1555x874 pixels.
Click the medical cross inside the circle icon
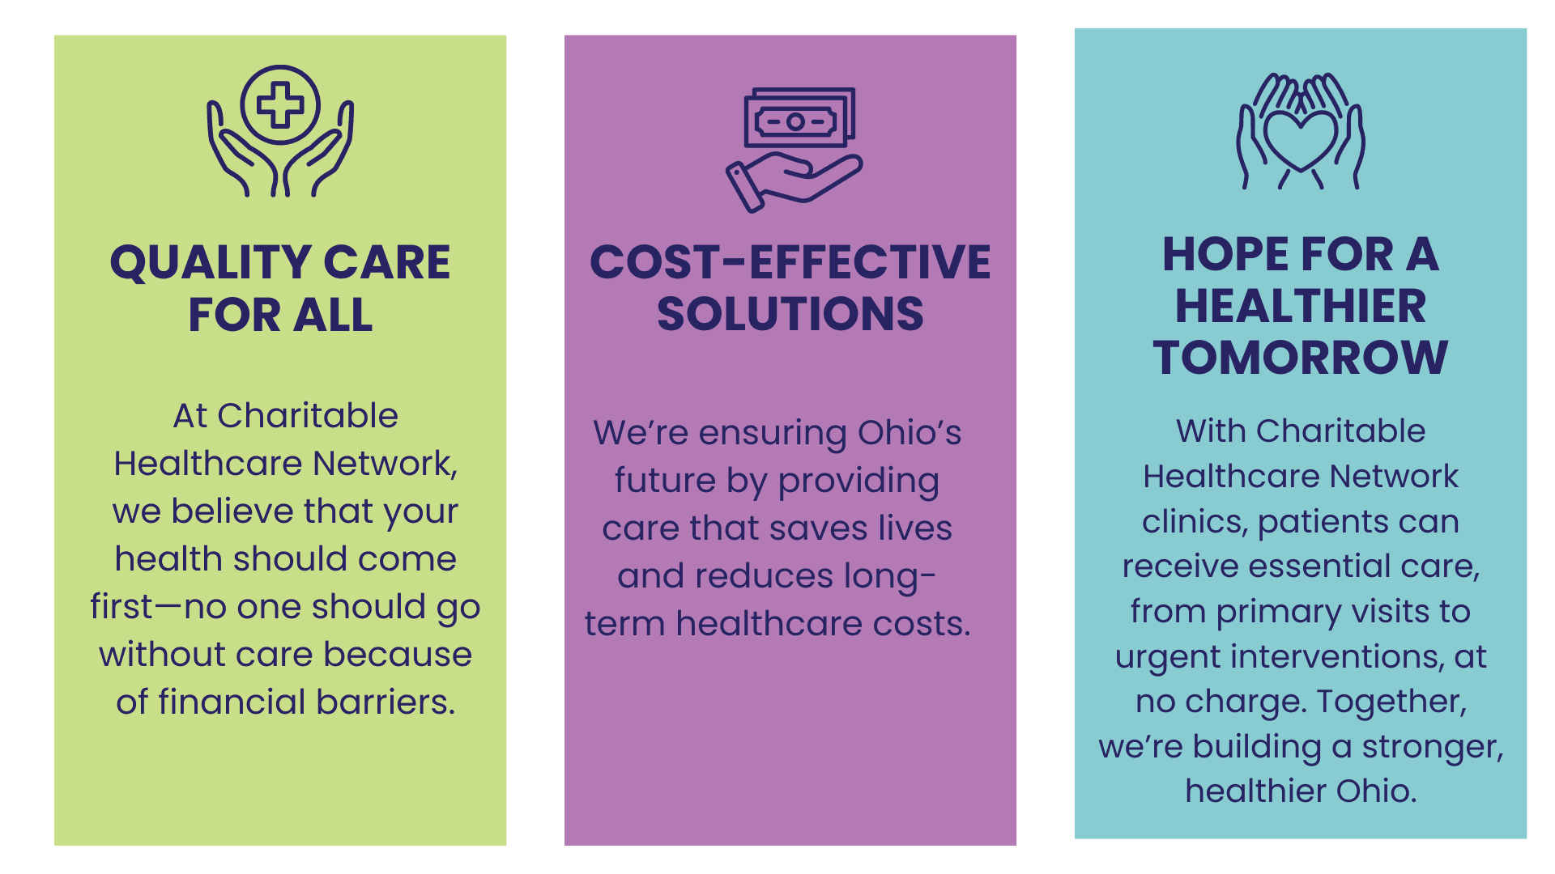tap(280, 105)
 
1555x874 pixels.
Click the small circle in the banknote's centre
tap(795, 122)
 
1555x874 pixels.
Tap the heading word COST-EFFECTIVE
tap(790, 262)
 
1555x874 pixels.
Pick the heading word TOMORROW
tap(1301, 358)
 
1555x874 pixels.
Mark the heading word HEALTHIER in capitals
tap(1301, 306)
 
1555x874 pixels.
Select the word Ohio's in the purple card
tap(910, 433)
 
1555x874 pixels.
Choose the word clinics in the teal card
tap(1195, 522)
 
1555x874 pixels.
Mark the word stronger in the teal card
tap(1432, 746)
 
